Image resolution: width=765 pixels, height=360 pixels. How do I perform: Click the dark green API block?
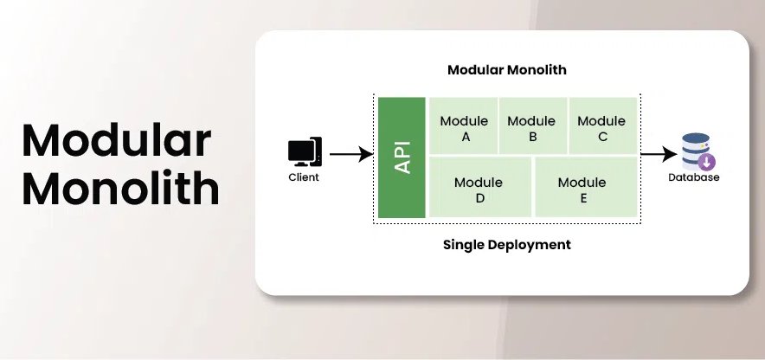402,157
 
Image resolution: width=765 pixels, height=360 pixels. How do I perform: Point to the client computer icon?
305,152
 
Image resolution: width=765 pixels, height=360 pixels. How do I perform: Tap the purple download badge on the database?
707,163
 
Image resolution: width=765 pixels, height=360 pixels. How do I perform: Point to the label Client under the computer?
304,177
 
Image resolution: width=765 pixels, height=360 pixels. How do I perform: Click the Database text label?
693,178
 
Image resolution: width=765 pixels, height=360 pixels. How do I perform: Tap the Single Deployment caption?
506,245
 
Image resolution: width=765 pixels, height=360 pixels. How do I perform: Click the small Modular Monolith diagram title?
506,69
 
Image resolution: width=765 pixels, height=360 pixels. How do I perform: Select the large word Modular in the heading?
116,140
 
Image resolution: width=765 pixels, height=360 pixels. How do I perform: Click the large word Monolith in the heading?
120,188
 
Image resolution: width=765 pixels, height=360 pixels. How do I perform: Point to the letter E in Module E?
583,198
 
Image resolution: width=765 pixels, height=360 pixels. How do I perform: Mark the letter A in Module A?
464,137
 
